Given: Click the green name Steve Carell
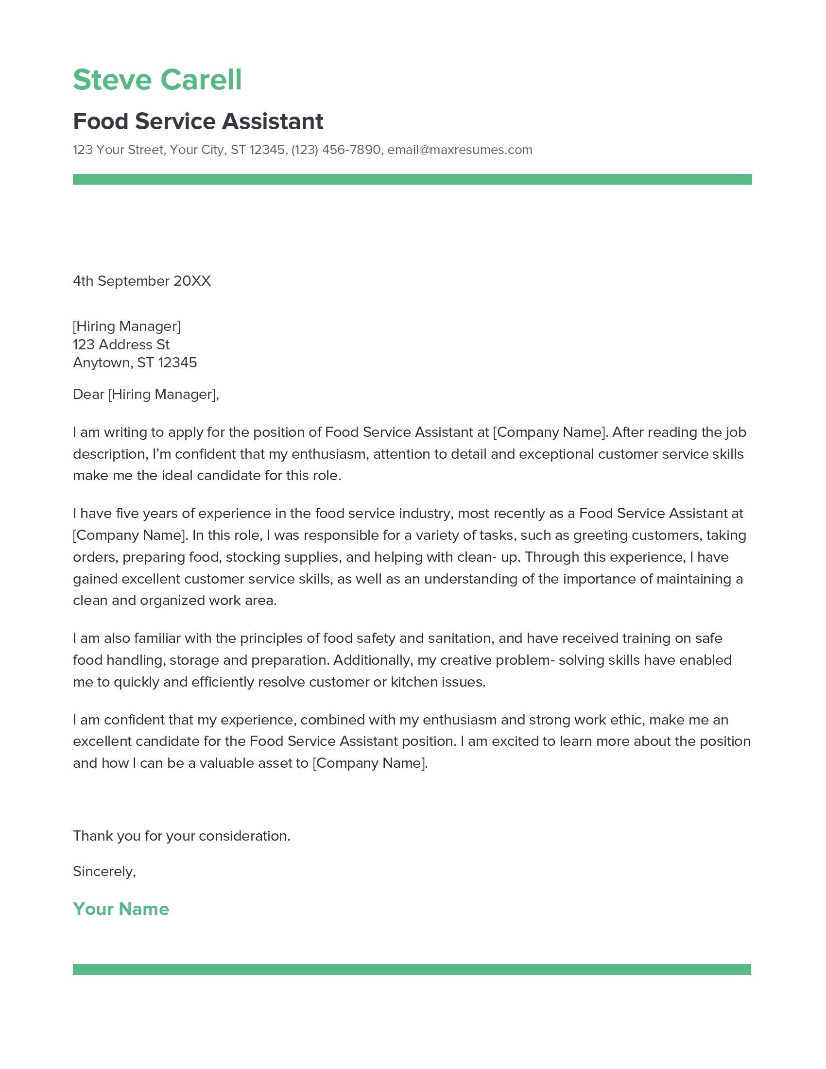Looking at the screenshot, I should tap(157, 80).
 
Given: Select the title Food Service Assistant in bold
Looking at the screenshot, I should tap(198, 121).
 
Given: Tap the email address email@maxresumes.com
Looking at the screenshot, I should tap(460, 150).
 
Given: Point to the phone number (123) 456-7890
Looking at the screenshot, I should tap(336, 150).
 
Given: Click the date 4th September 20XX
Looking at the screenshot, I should tap(141, 281).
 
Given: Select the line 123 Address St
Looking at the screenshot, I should tap(121, 345).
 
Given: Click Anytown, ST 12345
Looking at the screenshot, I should tap(135, 362).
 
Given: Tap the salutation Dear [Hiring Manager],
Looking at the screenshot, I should tap(146, 394).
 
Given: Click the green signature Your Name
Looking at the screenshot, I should tap(121, 909).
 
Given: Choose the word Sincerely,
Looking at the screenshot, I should tap(104, 871).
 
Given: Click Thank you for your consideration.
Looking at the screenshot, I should tap(182, 836).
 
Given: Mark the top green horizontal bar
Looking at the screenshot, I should tap(412, 179).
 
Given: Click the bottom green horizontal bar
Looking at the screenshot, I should tap(412, 969).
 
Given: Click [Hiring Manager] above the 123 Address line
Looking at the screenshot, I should tap(127, 326).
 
